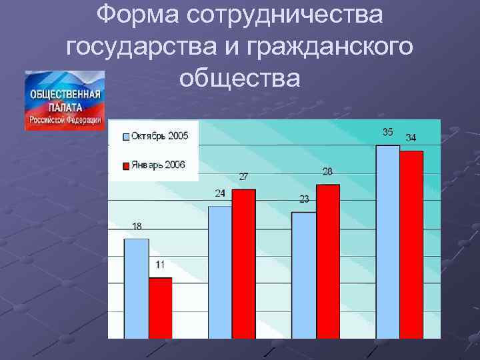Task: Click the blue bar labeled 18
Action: [x=136, y=288]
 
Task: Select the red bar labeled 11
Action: [x=160, y=307]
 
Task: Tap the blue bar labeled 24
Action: [x=220, y=272]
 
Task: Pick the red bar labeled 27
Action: [x=244, y=263]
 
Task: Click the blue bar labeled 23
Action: [x=304, y=275]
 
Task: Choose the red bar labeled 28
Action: [x=328, y=261]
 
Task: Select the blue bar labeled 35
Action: [x=388, y=241]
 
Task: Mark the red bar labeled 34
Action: [x=412, y=244]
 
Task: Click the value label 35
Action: [x=387, y=132]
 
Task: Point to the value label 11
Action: [x=160, y=265]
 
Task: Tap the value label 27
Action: [x=244, y=177]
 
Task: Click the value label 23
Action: [x=304, y=199]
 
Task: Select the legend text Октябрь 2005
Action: [x=160, y=136]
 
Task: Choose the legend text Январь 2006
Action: [x=158, y=165]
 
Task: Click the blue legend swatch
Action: [x=126, y=137]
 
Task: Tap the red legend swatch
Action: [x=126, y=165]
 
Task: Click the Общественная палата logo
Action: [x=65, y=100]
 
